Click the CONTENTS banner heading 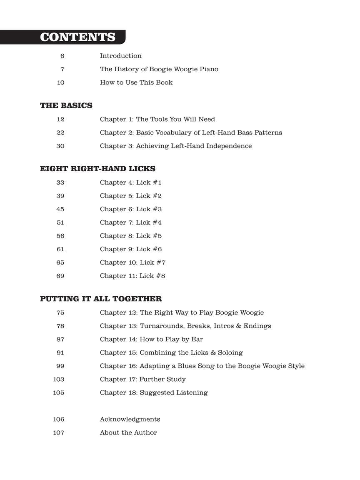[77, 37]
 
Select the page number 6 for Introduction [62, 56]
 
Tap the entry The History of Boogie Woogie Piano [159, 69]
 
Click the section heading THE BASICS [66, 106]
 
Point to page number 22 [60, 132]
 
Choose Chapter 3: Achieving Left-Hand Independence [175, 146]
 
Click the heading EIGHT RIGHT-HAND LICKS [97, 169]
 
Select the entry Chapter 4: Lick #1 [130, 182]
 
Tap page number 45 [60, 209]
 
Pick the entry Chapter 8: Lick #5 [130, 236]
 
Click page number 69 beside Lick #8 [60, 276]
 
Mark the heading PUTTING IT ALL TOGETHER [101, 299]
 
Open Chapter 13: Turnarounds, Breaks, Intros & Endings [185, 326]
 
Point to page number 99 [60, 366]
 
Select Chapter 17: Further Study [142, 379]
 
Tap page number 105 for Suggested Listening [59, 392]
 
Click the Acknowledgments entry [130, 419]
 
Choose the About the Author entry [128, 432]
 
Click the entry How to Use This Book [136, 82]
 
